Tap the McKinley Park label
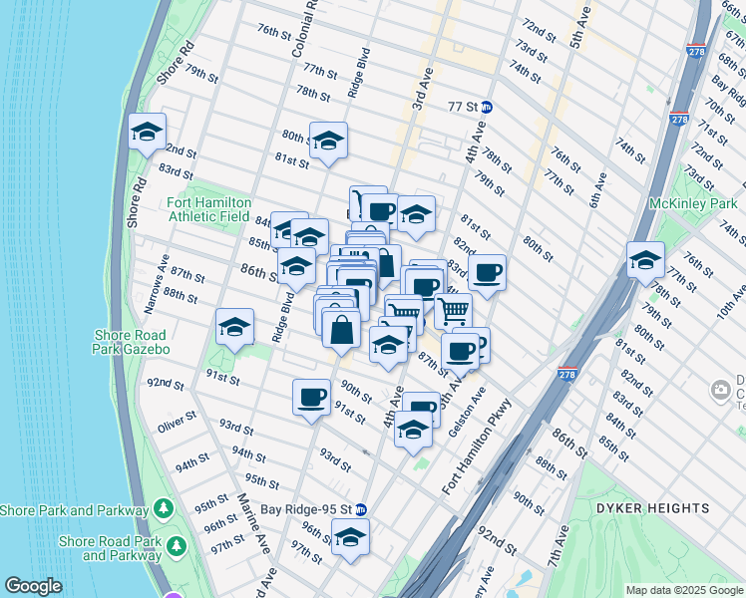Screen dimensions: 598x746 (691, 203)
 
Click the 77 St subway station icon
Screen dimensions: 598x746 (487, 107)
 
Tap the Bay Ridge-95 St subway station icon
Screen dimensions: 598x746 (362, 508)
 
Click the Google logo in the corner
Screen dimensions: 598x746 (33, 586)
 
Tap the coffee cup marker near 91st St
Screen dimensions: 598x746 (311, 398)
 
